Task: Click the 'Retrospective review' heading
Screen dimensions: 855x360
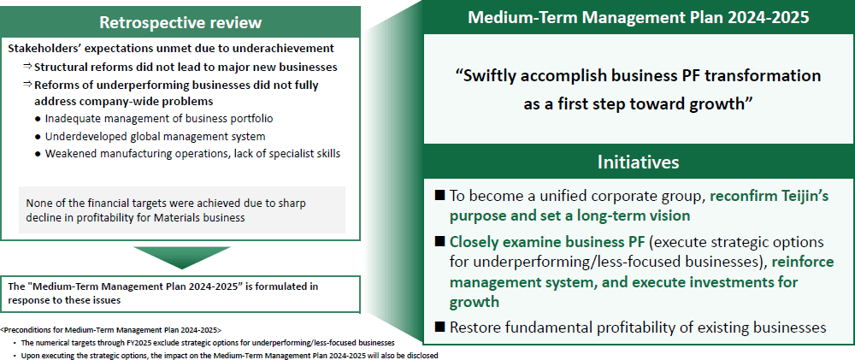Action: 180,22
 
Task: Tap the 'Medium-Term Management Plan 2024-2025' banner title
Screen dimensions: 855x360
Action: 639,17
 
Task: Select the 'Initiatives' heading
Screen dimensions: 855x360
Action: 639,162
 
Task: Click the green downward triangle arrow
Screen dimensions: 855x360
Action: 181,257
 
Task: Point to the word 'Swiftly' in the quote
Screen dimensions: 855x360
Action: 493,76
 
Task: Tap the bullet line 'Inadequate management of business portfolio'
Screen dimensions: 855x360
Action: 159,118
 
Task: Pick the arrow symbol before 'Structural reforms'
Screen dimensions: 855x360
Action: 27,67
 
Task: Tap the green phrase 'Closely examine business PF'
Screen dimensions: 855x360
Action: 547,242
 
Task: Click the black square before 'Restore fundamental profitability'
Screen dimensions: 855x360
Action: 439,327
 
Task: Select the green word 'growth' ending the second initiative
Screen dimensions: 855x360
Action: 475,303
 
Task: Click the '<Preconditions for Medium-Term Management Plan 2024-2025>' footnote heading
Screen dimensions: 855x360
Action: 111,331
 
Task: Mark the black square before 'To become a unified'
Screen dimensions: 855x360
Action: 439,195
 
